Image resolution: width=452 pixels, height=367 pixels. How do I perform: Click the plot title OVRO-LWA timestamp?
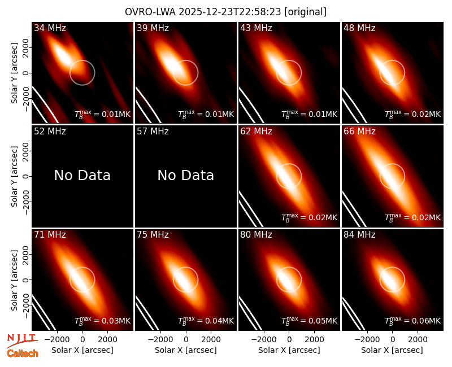(x=225, y=12)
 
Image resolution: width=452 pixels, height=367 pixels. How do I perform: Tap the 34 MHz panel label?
(x=50, y=28)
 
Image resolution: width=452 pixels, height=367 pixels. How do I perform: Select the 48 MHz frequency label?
(x=359, y=28)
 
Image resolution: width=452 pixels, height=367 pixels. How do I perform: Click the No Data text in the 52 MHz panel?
(x=82, y=175)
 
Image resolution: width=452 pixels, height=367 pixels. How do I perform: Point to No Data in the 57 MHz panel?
(x=186, y=175)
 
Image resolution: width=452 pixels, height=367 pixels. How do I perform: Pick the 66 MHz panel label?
(x=359, y=132)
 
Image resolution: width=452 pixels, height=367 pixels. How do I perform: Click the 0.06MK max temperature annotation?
(x=413, y=320)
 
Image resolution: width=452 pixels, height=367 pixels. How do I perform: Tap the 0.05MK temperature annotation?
(x=309, y=320)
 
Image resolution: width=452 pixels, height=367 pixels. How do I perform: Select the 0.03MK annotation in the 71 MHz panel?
(x=103, y=320)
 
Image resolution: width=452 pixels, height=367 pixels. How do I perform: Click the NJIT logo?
(x=23, y=340)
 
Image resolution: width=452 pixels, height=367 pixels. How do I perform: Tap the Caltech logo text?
(x=23, y=353)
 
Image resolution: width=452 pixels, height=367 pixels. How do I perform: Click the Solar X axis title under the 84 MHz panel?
(x=392, y=350)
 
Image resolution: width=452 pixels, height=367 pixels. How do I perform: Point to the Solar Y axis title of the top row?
(x=14, y=73)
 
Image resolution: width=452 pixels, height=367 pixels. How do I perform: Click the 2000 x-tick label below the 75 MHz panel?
(x=211, y=339)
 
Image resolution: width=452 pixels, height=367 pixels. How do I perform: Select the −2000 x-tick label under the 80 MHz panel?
(x=264, y=339)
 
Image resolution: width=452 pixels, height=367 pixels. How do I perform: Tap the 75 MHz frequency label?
(x=153, y=235)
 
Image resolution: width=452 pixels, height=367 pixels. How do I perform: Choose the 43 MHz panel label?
(x=257, y=28)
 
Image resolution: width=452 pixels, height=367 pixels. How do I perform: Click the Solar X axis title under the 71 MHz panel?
(x=82, y=350)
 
